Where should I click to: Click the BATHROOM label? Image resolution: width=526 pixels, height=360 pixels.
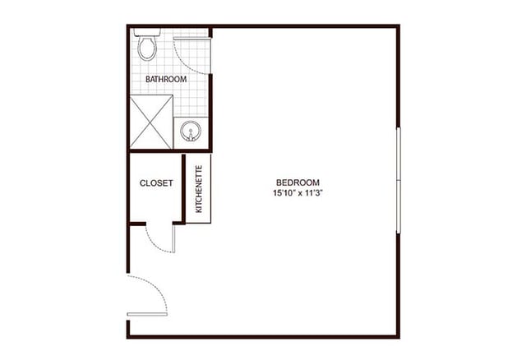pos(166,79)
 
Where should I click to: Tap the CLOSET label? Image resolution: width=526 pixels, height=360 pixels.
pos(156,183)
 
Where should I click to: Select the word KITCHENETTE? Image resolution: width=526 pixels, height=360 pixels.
pos(199,189)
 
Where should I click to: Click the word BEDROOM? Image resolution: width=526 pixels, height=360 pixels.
pos(298,182)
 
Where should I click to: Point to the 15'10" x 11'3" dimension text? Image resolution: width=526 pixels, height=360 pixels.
pos(298,193)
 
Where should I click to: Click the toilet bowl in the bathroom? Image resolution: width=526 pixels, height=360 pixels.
pos(147,48)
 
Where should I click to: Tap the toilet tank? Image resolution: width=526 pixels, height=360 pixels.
pos(147,33)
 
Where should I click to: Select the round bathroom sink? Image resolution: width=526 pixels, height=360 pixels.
pos(191,131)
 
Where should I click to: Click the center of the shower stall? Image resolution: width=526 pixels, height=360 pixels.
pos(151,122)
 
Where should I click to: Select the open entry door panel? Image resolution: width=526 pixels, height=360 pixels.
pos(147,314)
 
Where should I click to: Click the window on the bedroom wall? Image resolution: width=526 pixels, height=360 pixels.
pos(399,180)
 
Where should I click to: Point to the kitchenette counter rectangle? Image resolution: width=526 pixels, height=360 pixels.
pos(198,188)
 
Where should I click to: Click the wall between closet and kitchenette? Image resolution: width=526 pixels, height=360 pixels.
pos(183,188)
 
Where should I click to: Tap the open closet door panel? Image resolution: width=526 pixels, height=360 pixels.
pos(173,238)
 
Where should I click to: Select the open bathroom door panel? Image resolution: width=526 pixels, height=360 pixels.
pos(191,39)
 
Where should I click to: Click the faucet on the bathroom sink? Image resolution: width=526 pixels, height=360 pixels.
pos(191,137)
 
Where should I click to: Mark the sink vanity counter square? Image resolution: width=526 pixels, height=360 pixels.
pos(191,133)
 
